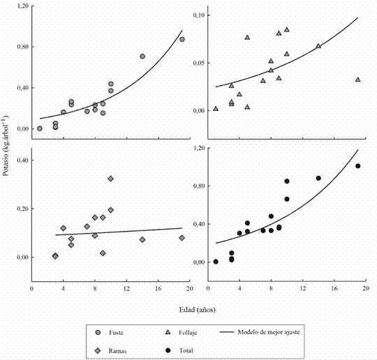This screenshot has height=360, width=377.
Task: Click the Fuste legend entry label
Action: [116, 332]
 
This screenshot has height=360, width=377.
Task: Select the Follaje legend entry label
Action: [188, 333]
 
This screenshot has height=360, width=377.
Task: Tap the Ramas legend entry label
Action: [117, 351]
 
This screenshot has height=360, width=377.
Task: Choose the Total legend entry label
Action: [186, 351]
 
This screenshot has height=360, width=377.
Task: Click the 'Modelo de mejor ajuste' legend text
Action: [269, 332]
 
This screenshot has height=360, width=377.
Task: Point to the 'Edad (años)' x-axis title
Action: [198, 310]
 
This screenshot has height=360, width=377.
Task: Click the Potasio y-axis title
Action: [6, 146]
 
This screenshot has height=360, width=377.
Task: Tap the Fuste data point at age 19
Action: [182, 39]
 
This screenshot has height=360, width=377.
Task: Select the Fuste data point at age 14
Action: [142, 57]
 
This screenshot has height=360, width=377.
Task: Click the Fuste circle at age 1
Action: [40, 128]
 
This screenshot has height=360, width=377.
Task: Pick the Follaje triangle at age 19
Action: [357, 80]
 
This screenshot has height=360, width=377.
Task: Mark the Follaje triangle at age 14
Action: [318, 46]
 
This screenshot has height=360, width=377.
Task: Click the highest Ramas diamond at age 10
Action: [110, 179]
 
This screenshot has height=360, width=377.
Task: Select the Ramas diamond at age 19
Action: [182, 238]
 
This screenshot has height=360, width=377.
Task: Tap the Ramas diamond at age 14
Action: [142, 239]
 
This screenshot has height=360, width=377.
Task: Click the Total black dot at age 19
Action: [357, 166]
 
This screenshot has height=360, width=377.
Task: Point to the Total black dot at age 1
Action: [216, 262]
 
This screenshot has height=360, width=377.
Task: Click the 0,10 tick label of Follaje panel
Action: [199, 15]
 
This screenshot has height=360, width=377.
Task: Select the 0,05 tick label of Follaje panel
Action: [199, 63]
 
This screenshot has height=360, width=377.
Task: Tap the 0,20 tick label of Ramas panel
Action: [22, 209]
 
